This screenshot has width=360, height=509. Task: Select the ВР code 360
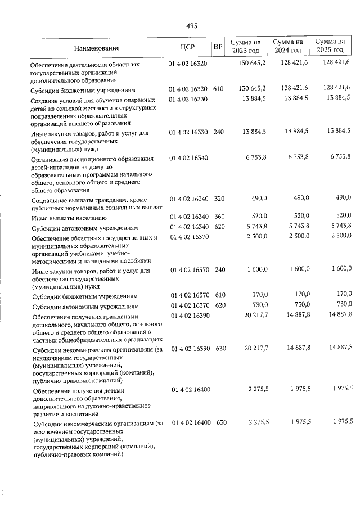click(x=219, y=217)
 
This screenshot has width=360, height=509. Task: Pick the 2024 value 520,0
click(x=300, y=217)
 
